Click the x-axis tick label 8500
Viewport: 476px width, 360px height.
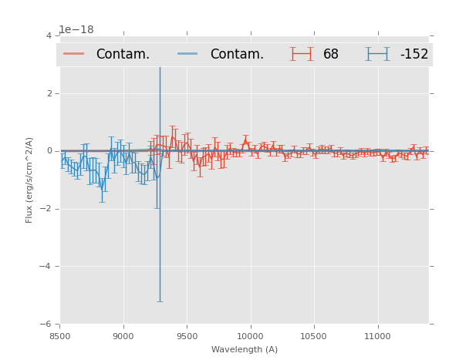(x=59, y=336)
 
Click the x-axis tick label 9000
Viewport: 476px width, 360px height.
(x=123, y=336)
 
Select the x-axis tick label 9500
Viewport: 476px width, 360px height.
(x=187, y=336)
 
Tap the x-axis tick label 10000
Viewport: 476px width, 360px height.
(x=250, y=336)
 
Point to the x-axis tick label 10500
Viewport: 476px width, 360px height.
(x=314, y=336)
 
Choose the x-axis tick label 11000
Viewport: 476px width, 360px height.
(x=377, y=336)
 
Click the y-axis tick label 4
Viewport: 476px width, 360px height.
(x=49, y=36)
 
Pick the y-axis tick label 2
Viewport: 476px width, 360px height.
(x=49, y=94)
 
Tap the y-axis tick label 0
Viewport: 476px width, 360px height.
(x=49, y=151)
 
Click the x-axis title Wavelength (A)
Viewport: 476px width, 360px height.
(x=245, y=349)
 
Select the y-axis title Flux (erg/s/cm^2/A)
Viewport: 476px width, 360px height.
(x=29, y=180)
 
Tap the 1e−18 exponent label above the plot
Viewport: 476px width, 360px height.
(x=76, y=30)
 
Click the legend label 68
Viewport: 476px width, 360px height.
(x=331, y=55)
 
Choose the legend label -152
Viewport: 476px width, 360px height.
(x=414, y=55)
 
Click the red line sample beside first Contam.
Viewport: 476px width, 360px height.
(x=74, y=54)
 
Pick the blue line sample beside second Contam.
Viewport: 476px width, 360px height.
(x=188, y=54)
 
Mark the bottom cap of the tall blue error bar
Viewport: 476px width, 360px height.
(x=160, y=301)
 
